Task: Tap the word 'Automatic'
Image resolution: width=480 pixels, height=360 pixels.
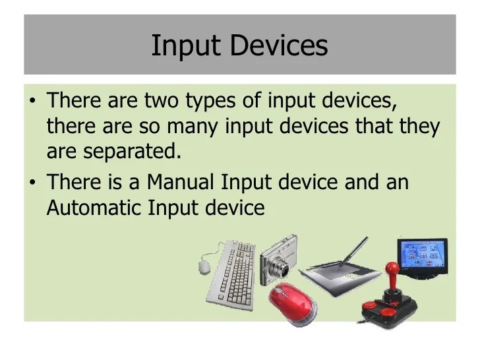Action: click(94, 207)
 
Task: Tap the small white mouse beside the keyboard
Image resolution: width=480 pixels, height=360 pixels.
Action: click(204, 266)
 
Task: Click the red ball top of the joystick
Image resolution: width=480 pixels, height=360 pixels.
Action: click(392, 270)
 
